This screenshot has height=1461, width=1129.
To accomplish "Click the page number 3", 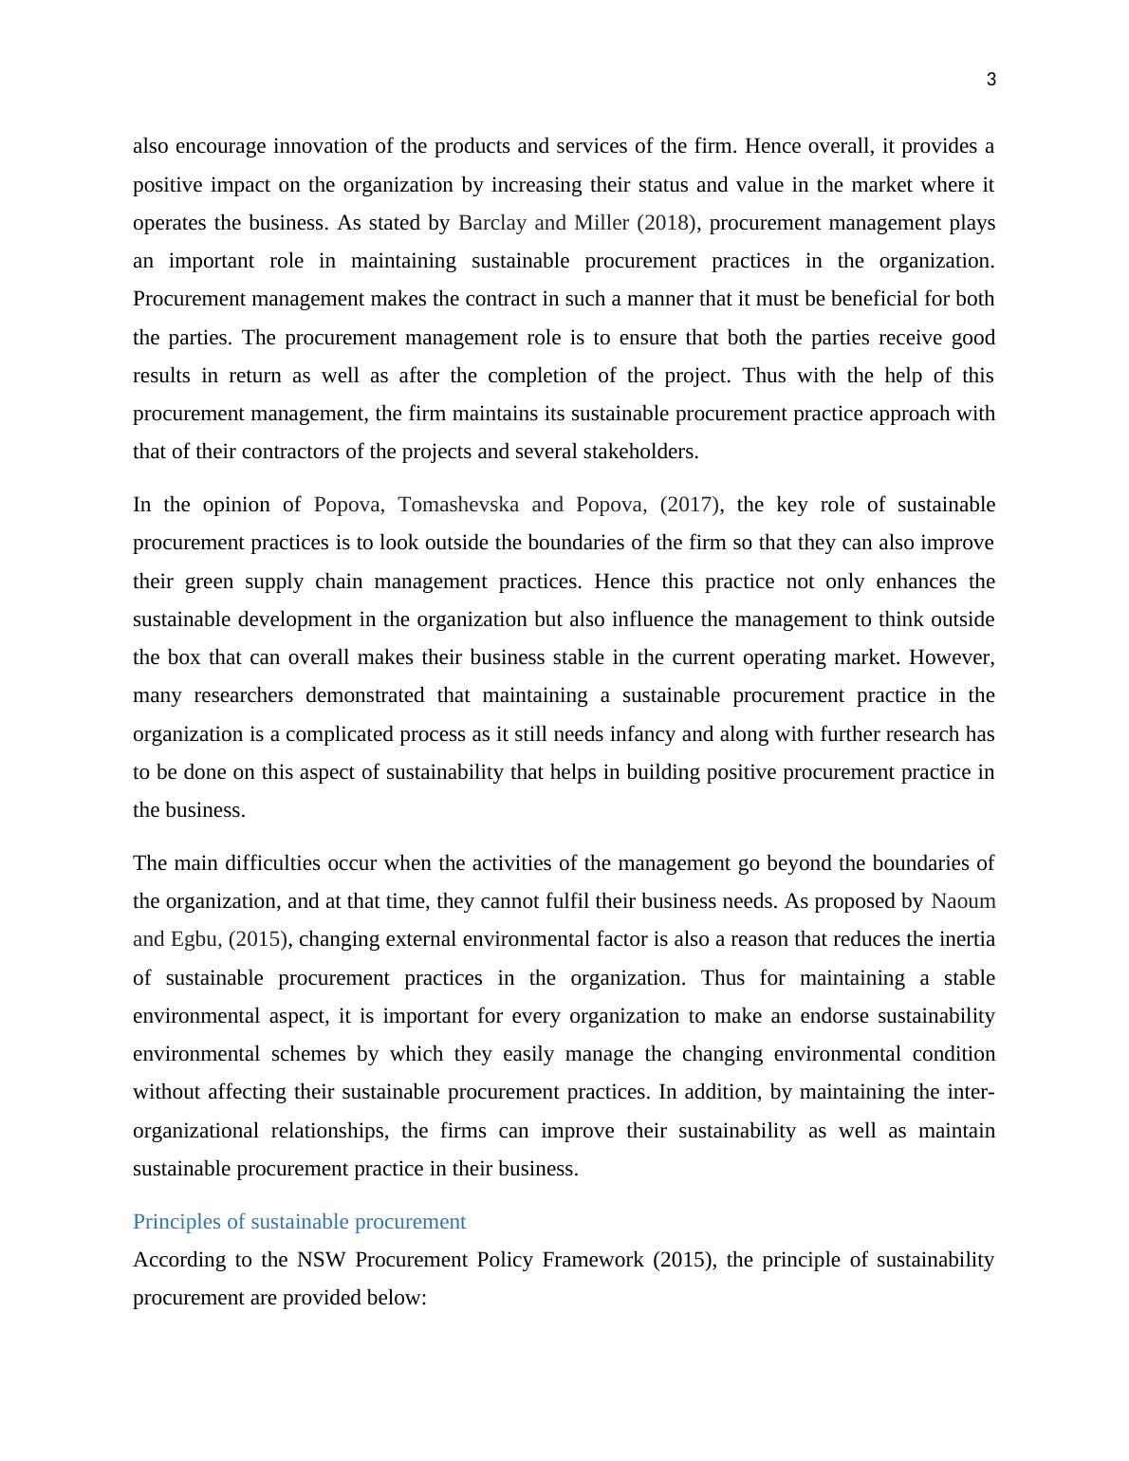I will (x=991, y=80).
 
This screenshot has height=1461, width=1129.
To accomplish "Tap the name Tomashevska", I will (x=458, y=505).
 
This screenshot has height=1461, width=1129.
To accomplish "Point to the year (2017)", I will (x=690, y=505).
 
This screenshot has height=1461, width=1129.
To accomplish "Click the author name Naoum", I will (x=963, y=901).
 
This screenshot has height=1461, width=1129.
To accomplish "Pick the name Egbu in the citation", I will (x=194, y=939).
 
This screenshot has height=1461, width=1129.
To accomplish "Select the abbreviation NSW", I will (x=318, y=1260).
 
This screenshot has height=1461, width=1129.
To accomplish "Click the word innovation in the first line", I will (x=317, y=146).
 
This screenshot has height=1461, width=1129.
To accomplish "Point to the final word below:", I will (x=399, y=1298).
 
